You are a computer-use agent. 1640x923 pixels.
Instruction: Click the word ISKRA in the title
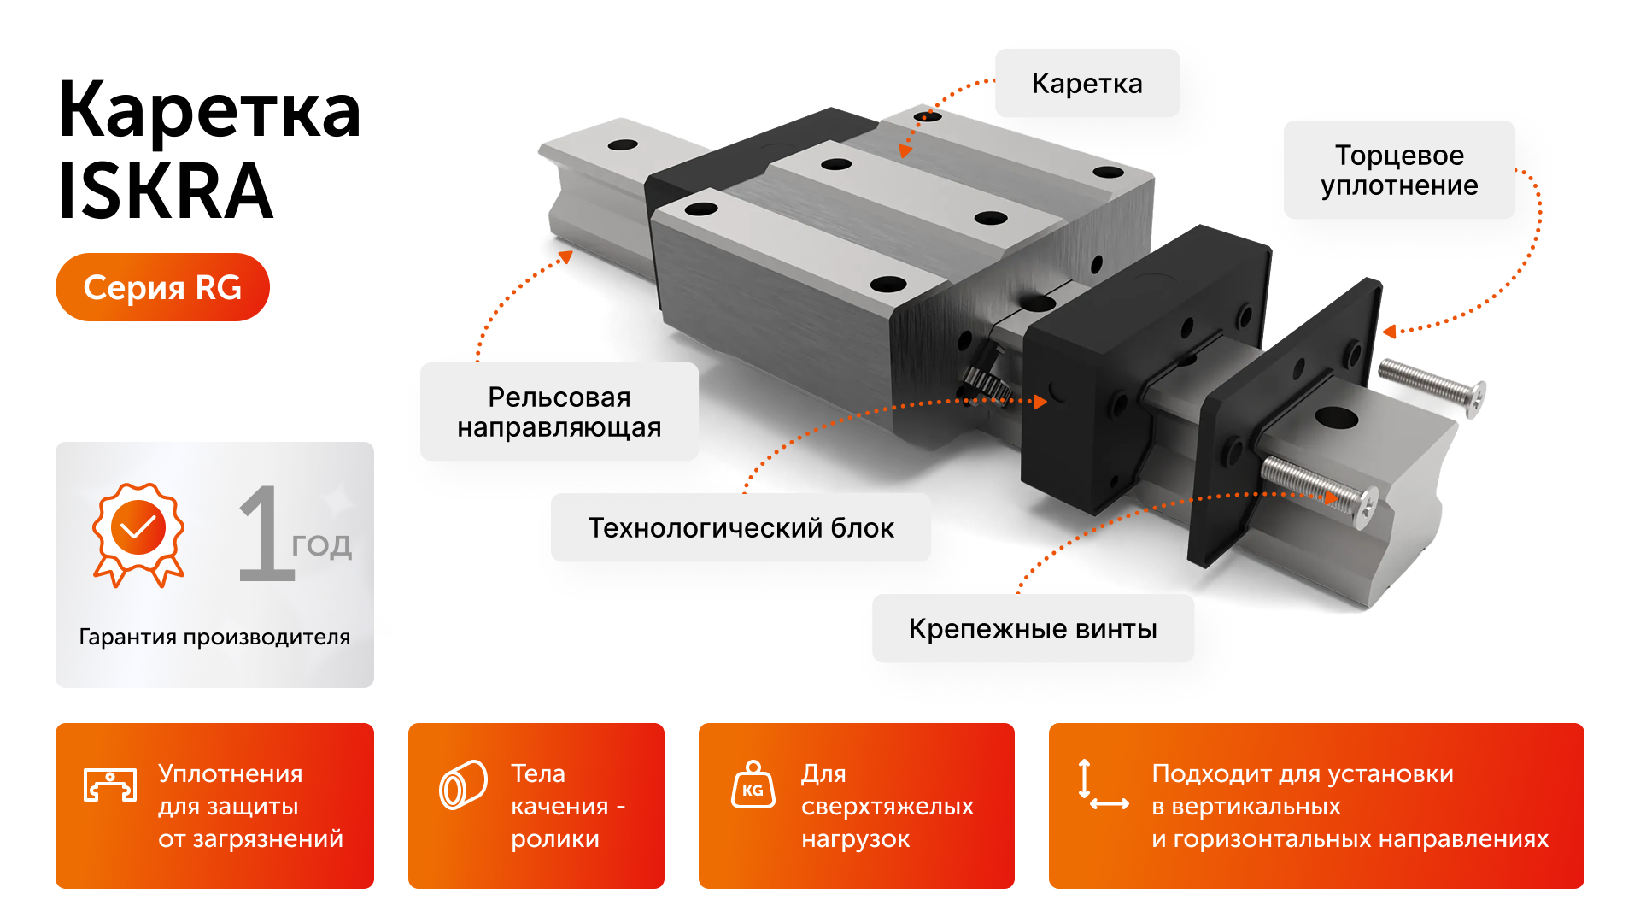pyautogui.click(x=165, y=191)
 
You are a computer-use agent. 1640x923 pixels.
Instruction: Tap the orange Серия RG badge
pyautogui.click(x=162, y=287)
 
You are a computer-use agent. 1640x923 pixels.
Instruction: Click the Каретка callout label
pyautogui.click(x=1086, y=83)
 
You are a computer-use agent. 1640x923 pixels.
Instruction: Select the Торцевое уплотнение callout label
pyautogui.click(x=1398, y=170)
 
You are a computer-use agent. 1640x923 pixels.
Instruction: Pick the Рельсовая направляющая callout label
pyautogui.click(x=559, y=411)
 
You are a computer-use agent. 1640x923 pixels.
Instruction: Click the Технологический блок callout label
pyautogui.click(x=741, y=527)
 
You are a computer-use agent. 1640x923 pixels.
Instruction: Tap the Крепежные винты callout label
pyautogui.click(x=1032, y=628)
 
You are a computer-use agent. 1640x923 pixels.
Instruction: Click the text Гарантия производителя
pyautogui.click(x=214, y=637)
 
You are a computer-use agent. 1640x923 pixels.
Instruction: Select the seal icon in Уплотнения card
pyautogui.click(x=110, y=784)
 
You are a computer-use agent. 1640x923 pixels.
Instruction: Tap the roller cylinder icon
pyautogui.click(x=463, y=784)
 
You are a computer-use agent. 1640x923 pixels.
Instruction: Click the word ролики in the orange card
pyautogui.click(x=554, y=838)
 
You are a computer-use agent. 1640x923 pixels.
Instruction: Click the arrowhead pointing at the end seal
pyautogui.click(x=1390, y=332)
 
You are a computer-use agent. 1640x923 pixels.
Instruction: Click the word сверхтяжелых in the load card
pyautogui.click(x=887, y=806)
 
